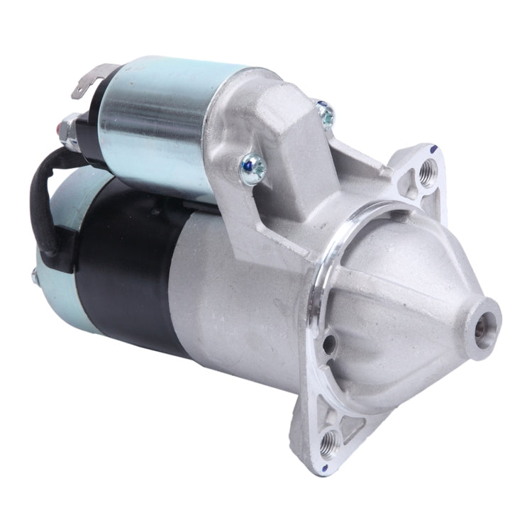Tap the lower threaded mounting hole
point(328,443)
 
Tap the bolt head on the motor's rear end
point(33,275)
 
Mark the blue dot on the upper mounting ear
point(431,150)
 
